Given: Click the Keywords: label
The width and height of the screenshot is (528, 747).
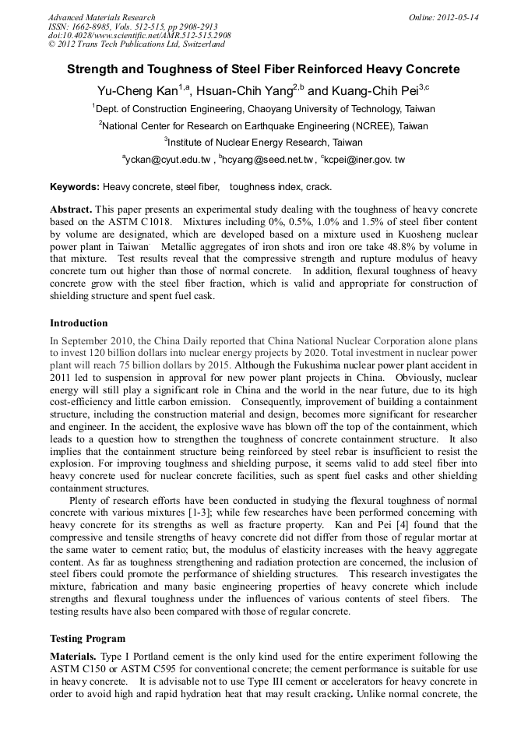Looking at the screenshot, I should click(75, 187).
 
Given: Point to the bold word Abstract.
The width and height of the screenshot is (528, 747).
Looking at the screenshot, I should click(71, 210).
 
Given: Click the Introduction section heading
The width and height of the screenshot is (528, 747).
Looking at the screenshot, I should click(79, 322).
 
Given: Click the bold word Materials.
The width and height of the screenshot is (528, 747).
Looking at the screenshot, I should click(75, 657).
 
